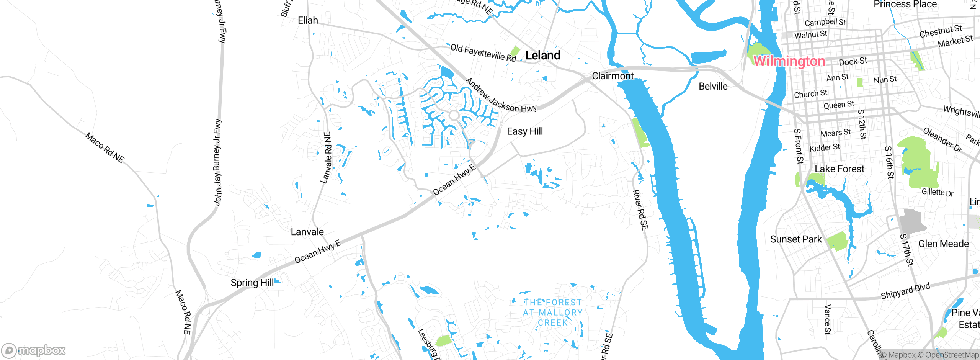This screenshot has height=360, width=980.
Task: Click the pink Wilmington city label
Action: tap(789, 61)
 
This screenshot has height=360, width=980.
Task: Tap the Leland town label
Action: tap(542, 56)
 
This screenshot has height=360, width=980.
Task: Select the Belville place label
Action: tap(713, 87)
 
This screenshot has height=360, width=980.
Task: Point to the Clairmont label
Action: tap(612, 76)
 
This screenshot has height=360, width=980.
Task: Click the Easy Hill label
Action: tap(525, 131)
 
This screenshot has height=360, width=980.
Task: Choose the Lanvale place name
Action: tap(307, 232)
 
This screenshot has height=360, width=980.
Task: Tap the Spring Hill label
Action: tap(252, 283)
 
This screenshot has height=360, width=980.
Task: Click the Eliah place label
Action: tap(308, 20)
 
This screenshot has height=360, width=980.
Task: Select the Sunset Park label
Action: tap(795, 239)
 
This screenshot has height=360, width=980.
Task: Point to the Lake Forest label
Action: tap(839, 169)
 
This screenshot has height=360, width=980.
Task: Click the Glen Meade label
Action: tap(943, 244)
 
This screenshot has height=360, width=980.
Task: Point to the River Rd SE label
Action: tap(640, 210)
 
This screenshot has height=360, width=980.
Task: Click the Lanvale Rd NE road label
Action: tap(326, 158)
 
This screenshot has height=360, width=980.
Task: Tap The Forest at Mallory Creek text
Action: tap(552, 313)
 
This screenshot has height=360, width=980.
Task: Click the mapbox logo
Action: tap(34, 350)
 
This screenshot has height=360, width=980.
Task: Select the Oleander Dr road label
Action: tap(942, 140)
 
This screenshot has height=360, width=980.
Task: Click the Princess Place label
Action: tap(905, 5)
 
